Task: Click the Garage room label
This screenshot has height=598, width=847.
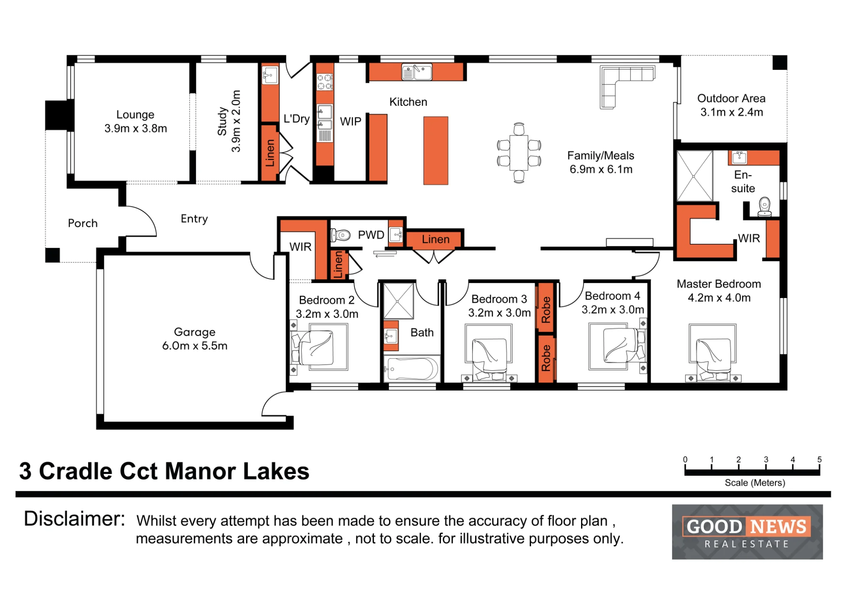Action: coord(195,339)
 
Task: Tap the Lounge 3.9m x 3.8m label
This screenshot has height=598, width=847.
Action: coord(136,121)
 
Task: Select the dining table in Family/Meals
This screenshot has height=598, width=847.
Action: coord(519,152)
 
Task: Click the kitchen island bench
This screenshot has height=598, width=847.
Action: coord(436,151)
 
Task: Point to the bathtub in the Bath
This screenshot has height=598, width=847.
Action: coord(412,369)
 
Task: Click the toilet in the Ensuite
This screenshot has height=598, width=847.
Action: coord(764,207)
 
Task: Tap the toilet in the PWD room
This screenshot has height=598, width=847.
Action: coord(341,235)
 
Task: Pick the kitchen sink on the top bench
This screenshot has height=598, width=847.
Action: coord(417,72)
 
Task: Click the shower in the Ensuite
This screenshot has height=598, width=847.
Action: coord(695,176)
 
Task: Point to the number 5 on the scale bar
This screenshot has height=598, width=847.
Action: coord(819,460)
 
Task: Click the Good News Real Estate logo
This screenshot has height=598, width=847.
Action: coord(747,532)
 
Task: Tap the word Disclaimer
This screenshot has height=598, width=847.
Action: coord(75,519)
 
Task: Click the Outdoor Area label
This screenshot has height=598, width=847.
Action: coord(731,105)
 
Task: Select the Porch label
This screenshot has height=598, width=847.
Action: coord(83,223)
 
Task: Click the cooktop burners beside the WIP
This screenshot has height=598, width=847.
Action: coord(325,82)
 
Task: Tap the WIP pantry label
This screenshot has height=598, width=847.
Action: coord(351,122)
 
